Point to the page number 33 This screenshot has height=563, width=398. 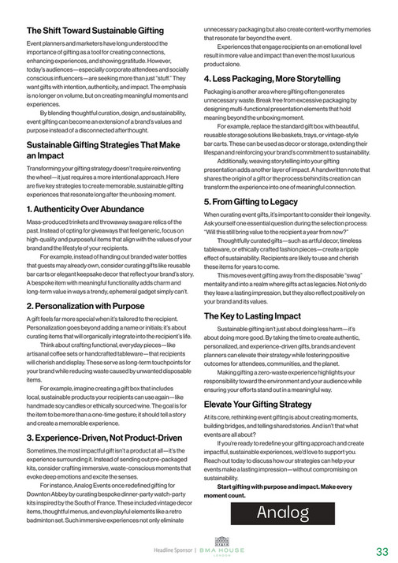tap(382, 551)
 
